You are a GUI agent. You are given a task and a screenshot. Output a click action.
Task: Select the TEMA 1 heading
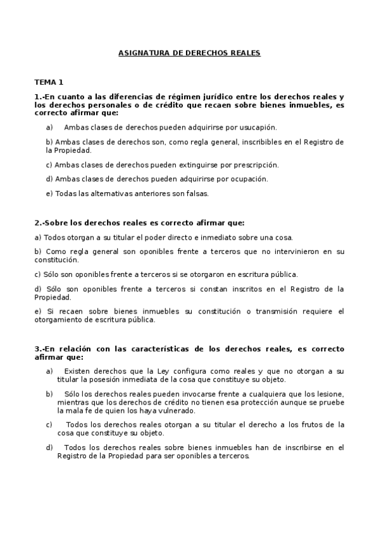[49, 82]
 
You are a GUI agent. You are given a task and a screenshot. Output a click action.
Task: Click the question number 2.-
[39, 223]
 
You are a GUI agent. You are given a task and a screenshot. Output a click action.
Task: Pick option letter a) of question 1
[49, 128]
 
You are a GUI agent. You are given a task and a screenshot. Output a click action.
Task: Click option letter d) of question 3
[49, 448]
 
